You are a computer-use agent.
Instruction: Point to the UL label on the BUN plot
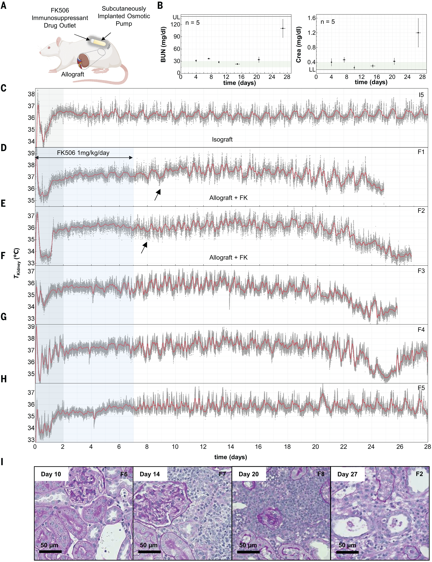tap(176, 17)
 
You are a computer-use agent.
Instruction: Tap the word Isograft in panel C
tap(222, 139)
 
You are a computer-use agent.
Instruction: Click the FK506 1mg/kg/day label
tap(83, 153)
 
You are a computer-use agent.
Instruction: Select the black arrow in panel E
tap(144, 247)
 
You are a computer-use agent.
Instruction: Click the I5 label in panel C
tap(421, 95)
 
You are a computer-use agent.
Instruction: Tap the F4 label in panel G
tap(421, 330)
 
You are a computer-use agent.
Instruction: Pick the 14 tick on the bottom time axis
tap(231, 447)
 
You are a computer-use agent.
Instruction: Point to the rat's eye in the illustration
tap(49, 48)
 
